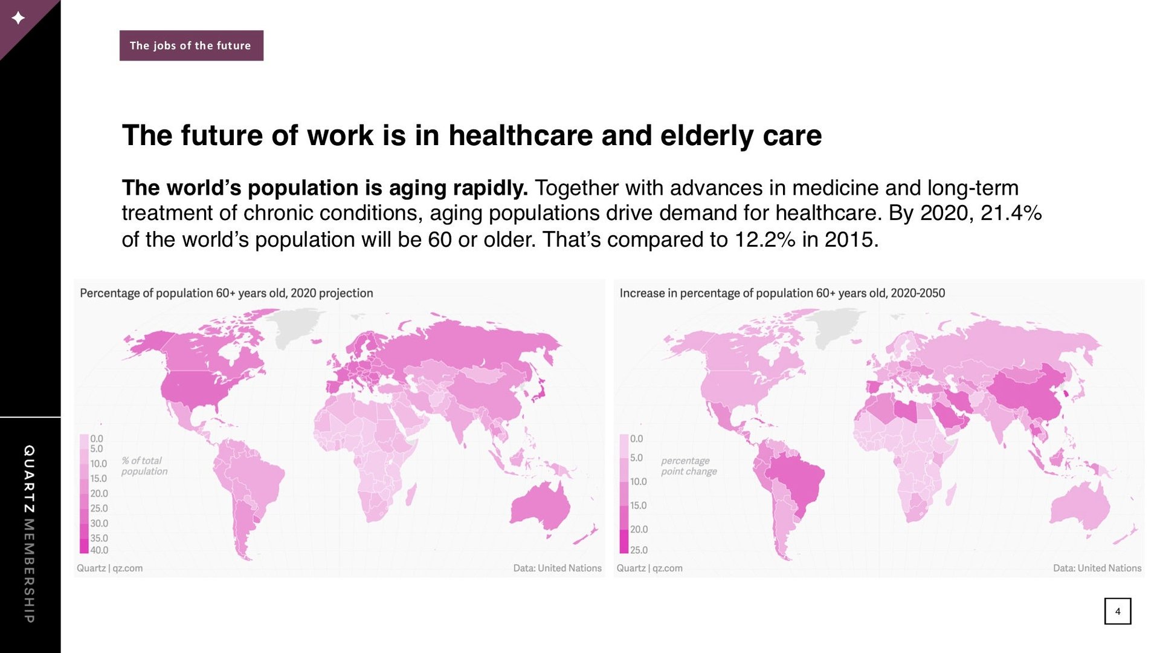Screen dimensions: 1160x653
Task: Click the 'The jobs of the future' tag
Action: click(191, 45)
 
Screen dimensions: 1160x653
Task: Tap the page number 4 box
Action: click(1118, 611)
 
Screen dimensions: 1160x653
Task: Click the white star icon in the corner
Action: click(18, 18)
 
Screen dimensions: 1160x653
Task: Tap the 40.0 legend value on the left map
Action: click(99, 550)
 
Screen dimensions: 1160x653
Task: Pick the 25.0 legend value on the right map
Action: click(639, 550)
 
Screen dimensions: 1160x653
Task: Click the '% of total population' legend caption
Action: click(144, 466)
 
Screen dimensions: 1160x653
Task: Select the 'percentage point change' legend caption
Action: click(689, 466)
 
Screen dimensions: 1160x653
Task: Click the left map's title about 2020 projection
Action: click(227, 293)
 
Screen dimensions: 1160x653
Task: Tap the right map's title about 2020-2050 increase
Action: click(782, 293)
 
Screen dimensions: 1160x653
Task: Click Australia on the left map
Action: click(541, 507)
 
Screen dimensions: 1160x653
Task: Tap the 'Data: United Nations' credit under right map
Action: click(1097, 568)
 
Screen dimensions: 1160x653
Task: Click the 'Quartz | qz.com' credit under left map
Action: click(110, 568)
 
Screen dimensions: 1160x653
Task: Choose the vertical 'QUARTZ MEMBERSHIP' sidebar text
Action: click(29, 534)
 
